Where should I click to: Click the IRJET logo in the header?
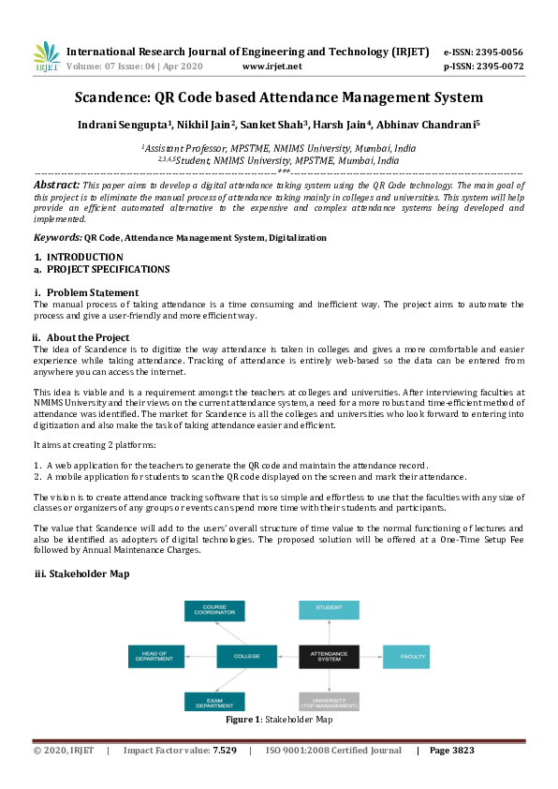click(46, 57)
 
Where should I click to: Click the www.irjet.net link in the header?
click(272, 67)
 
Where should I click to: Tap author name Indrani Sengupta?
click(142, 125)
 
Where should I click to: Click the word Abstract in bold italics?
click(57, 186)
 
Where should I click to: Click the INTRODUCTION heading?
click(84, 257)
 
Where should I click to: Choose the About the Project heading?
click(88, 337)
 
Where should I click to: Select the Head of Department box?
click(155, 656)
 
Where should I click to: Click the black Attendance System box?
click(329, 656)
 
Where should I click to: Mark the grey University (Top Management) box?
click(329, 702)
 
